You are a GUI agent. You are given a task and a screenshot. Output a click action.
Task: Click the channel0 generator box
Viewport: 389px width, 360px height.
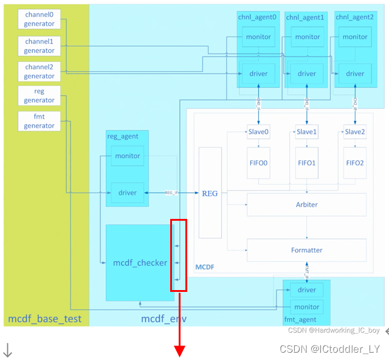click(x=40, y=19)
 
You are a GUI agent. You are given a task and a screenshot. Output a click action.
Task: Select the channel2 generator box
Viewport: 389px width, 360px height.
click(x=40, y=71)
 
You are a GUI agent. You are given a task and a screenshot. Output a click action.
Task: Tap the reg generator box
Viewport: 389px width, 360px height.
click(x=40, y=95)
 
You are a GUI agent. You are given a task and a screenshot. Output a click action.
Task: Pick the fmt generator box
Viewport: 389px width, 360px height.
click(x=40, y=121)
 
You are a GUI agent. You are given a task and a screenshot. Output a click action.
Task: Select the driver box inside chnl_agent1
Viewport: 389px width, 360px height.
click(x=307, y=74)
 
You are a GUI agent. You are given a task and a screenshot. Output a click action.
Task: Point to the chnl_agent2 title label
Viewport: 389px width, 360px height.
click(x=354, y=17)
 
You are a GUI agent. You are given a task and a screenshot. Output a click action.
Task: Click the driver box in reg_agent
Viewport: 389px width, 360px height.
click(x=128, y=193)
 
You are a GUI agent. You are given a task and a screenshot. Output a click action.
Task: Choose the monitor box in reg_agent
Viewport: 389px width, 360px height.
click(x=128, y=156)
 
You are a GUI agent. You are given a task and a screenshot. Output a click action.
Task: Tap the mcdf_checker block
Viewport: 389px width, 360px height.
click(x=140, y=263)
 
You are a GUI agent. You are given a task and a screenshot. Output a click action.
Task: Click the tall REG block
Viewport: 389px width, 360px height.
click(x=210, y=193)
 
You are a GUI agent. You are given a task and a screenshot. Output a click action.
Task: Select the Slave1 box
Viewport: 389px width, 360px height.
click(x=307, y=132)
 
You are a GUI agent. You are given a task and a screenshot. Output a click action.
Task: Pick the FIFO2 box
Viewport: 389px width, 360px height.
click(x=355, y=163)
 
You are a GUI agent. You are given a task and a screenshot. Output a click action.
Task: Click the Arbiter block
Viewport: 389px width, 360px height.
click(x=306, y=204)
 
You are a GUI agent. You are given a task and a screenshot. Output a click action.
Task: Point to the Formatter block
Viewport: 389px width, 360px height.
click(x=306, y=250)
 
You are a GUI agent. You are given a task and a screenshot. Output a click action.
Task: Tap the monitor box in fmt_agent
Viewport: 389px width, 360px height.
click(x=307, y=306)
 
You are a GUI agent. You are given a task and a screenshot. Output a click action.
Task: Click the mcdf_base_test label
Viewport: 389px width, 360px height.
click(x=44, y=319)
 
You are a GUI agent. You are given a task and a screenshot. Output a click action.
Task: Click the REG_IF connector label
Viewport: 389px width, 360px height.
click(x=171, y=193)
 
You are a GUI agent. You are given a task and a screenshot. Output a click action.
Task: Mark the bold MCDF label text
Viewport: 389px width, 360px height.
click(x=205, y=267)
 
